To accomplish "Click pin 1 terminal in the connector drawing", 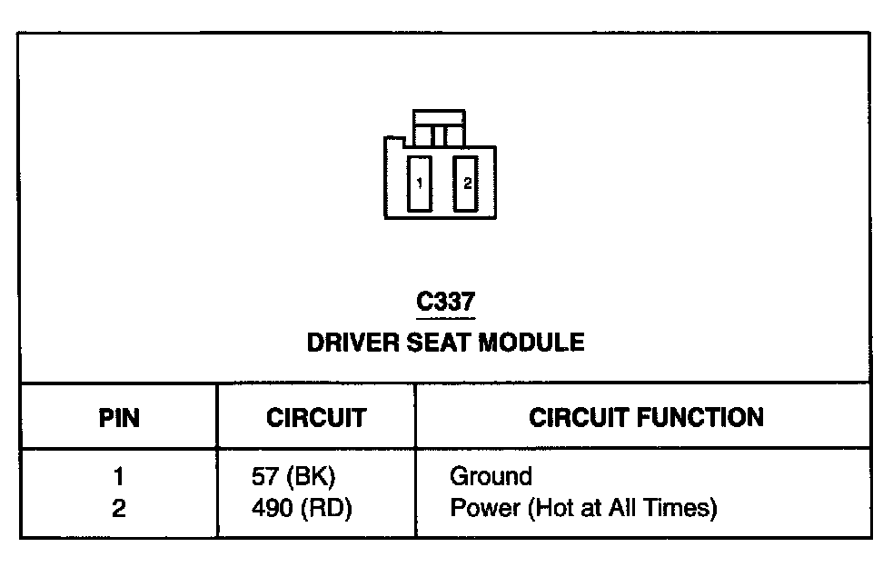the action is (x=419, y=184).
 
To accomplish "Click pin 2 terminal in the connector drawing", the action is (x=466, y=184).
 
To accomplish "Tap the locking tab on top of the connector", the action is (x=439, y=127).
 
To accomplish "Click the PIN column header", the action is (x=119, y=418).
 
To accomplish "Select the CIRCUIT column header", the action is (x=316, y=418).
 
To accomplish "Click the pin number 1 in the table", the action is (x=119, y=476).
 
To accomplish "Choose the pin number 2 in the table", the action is (x=119, y=508).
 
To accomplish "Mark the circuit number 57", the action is (x=264, y=476).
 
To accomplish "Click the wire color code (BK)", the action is (x=310, y=476).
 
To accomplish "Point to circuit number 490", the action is (x=271, y=508).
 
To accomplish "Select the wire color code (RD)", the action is (x=324, y=508).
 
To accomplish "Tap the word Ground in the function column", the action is (x=491, y=476).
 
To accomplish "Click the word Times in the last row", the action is (x=680, y=508).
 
